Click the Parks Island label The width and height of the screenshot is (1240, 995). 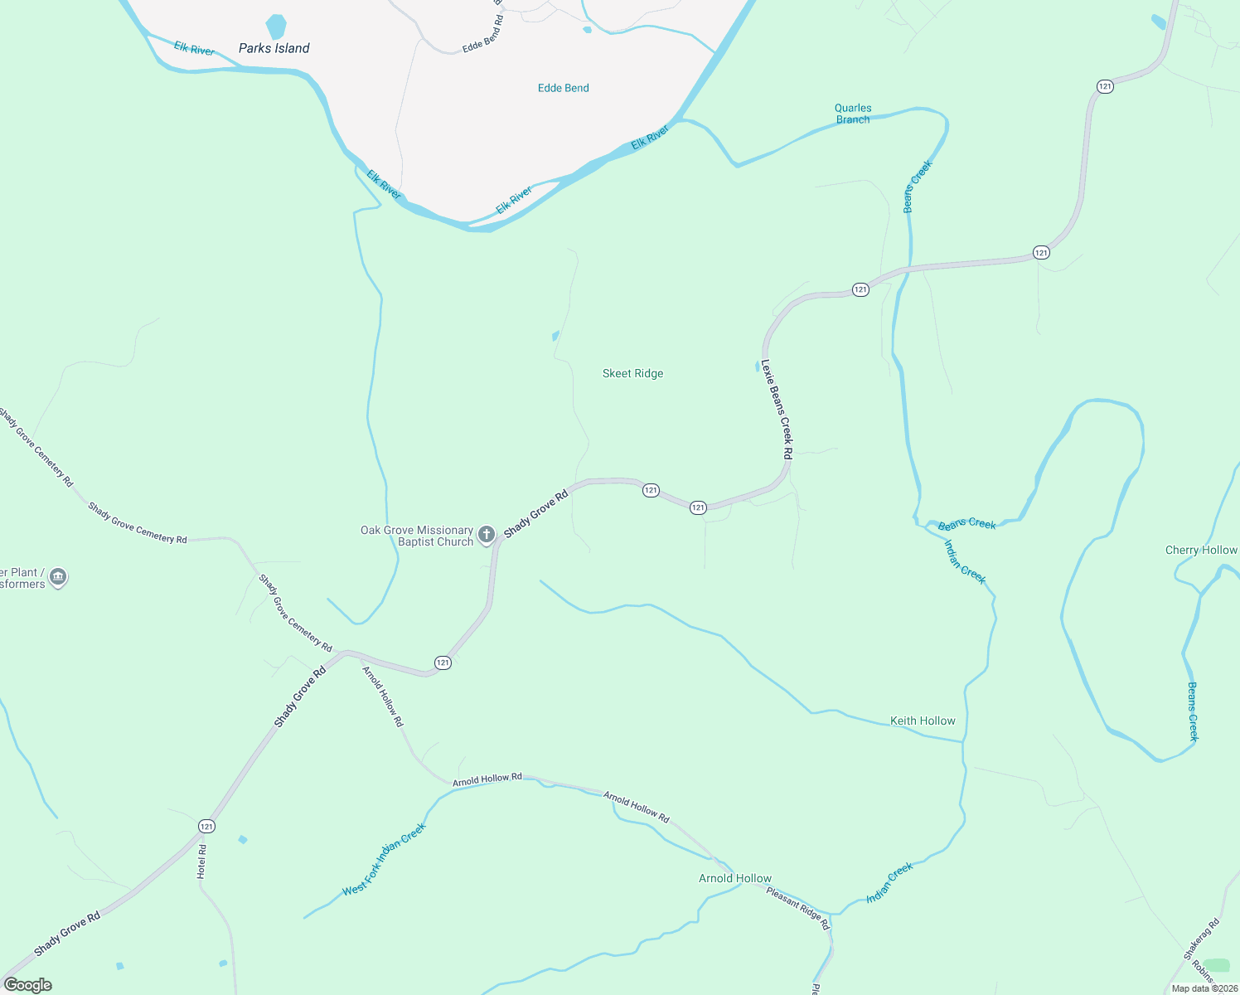274,48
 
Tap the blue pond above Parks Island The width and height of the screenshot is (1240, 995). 276,26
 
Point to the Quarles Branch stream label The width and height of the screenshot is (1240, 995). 853,114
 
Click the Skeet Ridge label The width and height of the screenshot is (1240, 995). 632,374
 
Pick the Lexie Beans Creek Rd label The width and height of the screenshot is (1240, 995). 777,410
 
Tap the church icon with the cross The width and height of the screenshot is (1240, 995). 487,535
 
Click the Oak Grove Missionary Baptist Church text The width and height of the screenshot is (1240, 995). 417,536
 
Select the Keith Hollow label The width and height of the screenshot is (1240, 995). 923,721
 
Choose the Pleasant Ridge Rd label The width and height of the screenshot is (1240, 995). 797,908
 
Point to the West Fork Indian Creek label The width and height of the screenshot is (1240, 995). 384,859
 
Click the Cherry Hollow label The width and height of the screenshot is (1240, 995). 1201,550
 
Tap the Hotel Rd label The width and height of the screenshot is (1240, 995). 201,862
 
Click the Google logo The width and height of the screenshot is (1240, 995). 28,985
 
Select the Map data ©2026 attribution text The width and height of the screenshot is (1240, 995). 1204,988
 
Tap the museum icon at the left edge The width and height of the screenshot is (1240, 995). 57,577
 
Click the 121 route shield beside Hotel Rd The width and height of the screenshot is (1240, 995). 206,826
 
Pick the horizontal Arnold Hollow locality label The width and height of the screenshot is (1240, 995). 734,878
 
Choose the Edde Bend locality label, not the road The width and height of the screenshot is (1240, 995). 563,88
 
